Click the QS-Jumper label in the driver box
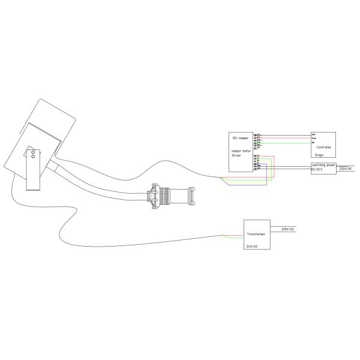[240, 137]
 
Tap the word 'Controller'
[323, 147]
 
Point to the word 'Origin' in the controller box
[319, 155]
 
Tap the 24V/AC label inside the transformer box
[252, 247]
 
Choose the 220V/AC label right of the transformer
[288, 229]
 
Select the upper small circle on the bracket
[32, 152]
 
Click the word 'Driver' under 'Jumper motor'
[237, 155]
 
